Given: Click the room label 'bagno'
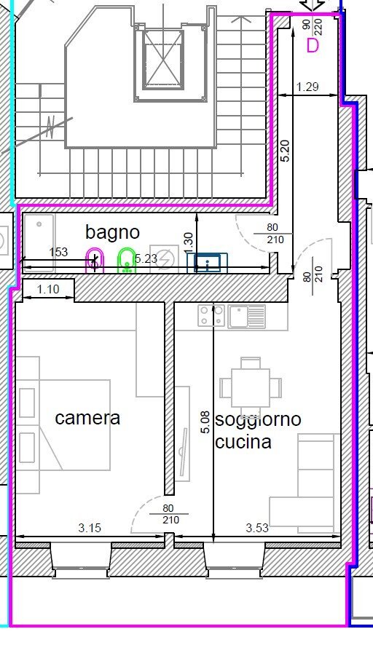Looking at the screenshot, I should coord(112,232).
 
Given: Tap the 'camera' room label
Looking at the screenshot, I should coord(87,418).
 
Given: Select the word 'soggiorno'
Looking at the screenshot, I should coord(258,419).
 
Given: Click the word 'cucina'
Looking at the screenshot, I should coord(243,441).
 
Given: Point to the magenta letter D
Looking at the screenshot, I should coord(313,45).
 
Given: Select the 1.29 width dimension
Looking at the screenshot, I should coord(308,88).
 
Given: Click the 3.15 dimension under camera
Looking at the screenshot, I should coord(90,529).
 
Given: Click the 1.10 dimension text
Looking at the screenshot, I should coord(47,289).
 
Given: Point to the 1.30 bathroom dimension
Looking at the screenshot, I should coord(188,239).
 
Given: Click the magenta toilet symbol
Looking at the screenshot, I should coord(95,260).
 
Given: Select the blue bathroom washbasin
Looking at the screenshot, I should coord(208,262).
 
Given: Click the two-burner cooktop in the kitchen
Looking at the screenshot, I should coord(211,315).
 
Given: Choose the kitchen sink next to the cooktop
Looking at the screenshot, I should coord(247,316).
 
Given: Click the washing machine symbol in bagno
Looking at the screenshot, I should coord(165,260).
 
